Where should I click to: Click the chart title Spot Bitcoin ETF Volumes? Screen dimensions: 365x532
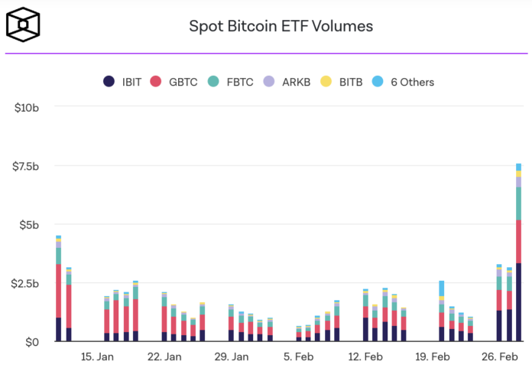[281, 26]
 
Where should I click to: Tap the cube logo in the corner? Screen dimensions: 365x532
[24, 25]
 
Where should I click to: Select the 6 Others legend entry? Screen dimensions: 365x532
[403, 82]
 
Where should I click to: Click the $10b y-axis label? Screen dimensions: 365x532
[27, 108]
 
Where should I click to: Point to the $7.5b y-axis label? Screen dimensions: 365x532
[25, 166]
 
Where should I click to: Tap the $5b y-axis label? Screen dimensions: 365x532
[29, 225]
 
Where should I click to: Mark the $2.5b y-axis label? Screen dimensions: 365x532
[25, 284]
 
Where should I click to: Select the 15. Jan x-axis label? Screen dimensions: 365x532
[98, 357]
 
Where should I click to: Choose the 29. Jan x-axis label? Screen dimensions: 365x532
[232, 357]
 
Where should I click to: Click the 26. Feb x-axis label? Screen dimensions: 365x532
[499, 357]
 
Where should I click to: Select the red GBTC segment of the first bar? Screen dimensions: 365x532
[58, 291]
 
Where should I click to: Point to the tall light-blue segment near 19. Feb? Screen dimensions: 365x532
[441, 288]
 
